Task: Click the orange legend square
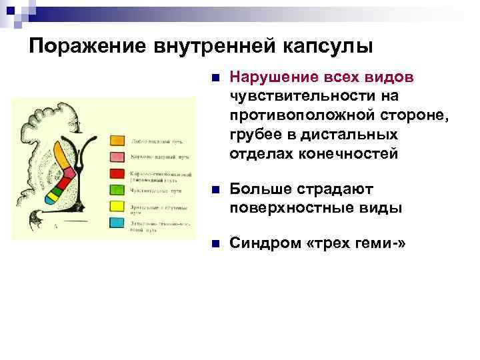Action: pos(117,141)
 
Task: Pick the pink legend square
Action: pos(117,157)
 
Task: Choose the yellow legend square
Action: pos(117,206)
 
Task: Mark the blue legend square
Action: pos(117,222)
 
